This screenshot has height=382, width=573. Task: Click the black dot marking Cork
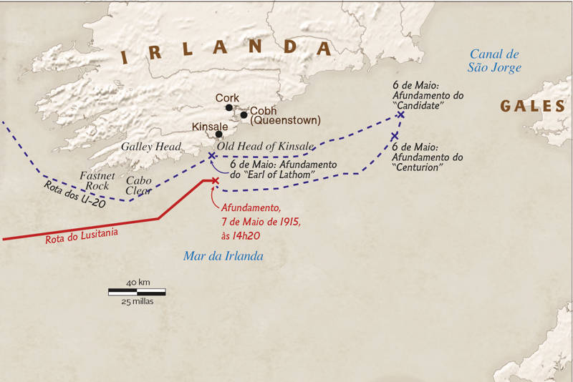(x=229, y=108)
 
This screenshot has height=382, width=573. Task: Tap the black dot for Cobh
(x=244, y=114)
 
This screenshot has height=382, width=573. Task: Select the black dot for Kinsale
(x=218, y=134)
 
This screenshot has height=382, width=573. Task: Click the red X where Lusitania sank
(x=215, y=180)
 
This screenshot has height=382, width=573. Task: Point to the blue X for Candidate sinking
(x=400, y=114)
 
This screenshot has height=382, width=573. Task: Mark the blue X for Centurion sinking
(x=395, y=136)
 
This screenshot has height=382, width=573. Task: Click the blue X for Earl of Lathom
(x=211, y=155)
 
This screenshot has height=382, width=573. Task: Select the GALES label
(x=533, y=106)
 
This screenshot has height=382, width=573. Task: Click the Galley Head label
(x=151, y=147)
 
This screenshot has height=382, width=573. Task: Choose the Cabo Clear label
(x=138, y=186)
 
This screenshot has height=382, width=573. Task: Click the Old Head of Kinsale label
(x=266, y=147)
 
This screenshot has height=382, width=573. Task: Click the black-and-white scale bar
(x=137, y=292)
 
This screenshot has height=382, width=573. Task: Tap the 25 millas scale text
(x=137, y=302)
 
